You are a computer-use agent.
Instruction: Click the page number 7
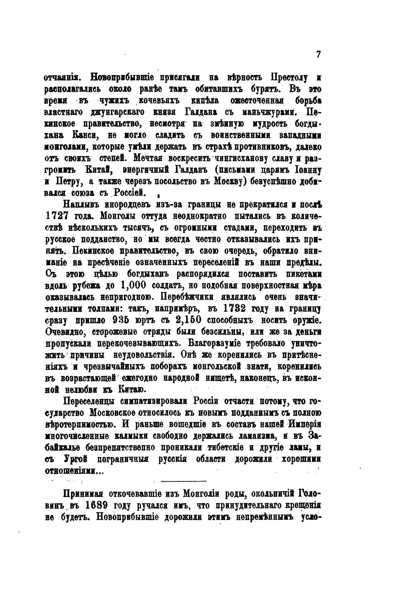318,54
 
